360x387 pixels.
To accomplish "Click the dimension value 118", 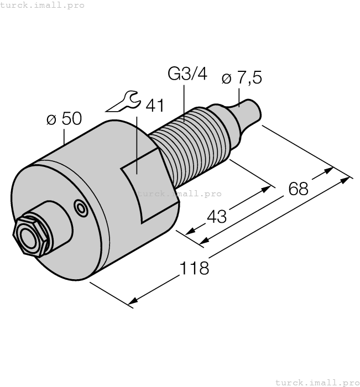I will (195, 268).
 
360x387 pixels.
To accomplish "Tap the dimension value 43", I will (216, 216).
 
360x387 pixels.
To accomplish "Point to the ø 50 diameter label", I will (64, 118).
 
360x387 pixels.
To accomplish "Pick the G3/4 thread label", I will (187, 74).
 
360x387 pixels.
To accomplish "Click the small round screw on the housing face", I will (82, 208).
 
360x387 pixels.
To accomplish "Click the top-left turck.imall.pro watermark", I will (43, 5).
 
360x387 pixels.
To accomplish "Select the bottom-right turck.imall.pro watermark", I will (317, 382).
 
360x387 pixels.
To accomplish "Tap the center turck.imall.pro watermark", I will (179, 193).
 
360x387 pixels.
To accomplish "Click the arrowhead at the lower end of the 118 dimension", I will (132, 302).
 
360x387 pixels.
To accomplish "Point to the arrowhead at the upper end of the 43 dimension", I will (269, 188).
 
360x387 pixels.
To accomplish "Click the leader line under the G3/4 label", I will (184, 102).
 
